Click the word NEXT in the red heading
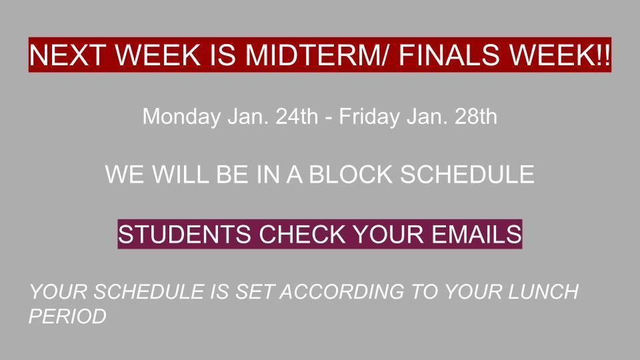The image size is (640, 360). coord(66,55)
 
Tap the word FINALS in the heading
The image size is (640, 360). coord(449,55)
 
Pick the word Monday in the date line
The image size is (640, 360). coord(181,117)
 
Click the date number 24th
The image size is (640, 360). coord(297,116)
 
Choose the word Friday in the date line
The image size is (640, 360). coord(369,117)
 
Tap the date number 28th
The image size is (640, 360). coord(476,116)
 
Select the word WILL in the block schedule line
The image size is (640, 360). coord(181,174)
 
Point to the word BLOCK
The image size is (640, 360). coord(351,174)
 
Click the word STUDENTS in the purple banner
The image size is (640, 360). coord(185,234)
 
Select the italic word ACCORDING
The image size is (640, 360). coord(342,292)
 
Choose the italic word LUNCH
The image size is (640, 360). coord(543,292)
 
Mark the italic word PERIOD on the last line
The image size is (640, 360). coord(68,316)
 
